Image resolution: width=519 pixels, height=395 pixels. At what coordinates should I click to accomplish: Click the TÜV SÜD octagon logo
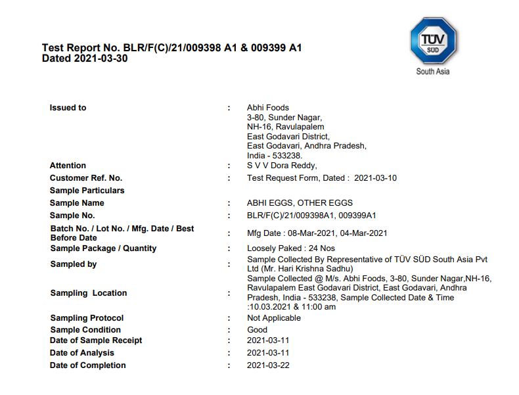click(x=432, y=40)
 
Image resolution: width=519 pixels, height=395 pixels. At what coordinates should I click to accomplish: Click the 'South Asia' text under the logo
click(x=432, y=72)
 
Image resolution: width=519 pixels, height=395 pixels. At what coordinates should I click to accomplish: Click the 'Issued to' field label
click(x=68, y=108)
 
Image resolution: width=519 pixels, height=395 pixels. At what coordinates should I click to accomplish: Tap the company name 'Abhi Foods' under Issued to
click(x=267, y=108)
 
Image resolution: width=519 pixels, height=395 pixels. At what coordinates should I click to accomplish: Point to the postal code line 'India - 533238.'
click(x=275, y=155)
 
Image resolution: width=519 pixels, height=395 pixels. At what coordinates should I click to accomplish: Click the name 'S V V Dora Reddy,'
click(x=282, y=166)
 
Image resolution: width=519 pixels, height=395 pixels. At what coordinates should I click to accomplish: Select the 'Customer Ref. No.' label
click(x=86, y=178)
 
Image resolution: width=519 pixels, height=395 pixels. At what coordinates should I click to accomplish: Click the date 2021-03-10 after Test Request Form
click(x=375, y=178)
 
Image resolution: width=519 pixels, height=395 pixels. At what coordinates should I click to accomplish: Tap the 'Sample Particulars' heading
click(x=87, y=191)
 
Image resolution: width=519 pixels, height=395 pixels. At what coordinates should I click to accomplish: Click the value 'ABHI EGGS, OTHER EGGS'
click(x=300, y=203)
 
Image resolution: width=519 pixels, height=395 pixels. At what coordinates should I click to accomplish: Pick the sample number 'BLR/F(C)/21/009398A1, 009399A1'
click(x=311, y=216)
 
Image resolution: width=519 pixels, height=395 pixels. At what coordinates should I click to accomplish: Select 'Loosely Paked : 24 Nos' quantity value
click(x=291, y=248)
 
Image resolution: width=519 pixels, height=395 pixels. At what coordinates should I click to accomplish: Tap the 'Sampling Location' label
click(x=88, y=293)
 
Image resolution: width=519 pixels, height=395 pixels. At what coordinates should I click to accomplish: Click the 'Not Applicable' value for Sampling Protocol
click(x=274, y=318)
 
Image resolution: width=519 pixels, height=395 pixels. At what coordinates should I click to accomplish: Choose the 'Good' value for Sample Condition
click(x=257, y=330)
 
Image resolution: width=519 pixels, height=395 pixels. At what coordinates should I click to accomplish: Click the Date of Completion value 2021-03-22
click(x=268, y=365)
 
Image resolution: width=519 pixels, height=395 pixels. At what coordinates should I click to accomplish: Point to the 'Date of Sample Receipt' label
click(x=96, y=340)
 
